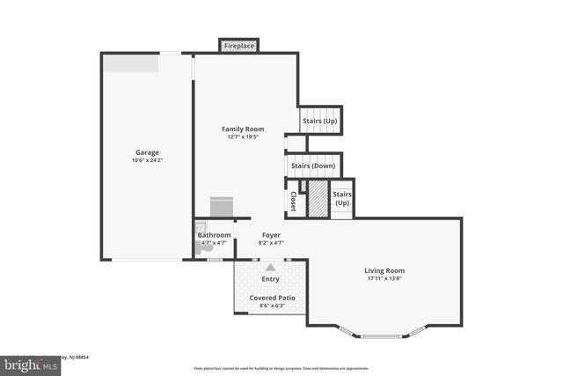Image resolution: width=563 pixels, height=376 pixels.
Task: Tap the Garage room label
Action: tap(147, 152)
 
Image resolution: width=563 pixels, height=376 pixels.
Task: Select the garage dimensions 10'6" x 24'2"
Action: tap(147, 161)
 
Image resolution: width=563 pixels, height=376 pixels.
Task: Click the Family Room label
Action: tap(243, 129)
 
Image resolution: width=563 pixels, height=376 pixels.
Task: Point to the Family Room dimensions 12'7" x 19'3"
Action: tap(243, 137)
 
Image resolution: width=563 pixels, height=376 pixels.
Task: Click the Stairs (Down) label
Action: tap(312, 165)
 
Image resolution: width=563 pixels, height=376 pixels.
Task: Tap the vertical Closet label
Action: tap(293, 202)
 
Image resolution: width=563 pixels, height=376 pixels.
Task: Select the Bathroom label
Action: tap(214, 235)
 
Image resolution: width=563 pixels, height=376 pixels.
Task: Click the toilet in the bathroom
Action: tap(207, 249)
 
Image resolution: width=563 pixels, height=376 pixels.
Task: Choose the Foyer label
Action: tap(271, 235)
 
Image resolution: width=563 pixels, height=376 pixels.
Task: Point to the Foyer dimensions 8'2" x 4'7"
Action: tap(271, 243)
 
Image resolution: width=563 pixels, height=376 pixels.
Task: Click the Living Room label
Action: tap(384, 270)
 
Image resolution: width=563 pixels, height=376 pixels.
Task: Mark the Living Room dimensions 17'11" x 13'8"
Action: tap(384, 279)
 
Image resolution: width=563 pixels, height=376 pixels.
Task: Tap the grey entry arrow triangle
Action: tap(270, 266)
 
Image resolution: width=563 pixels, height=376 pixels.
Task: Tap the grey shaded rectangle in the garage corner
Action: tap(131, 63)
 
